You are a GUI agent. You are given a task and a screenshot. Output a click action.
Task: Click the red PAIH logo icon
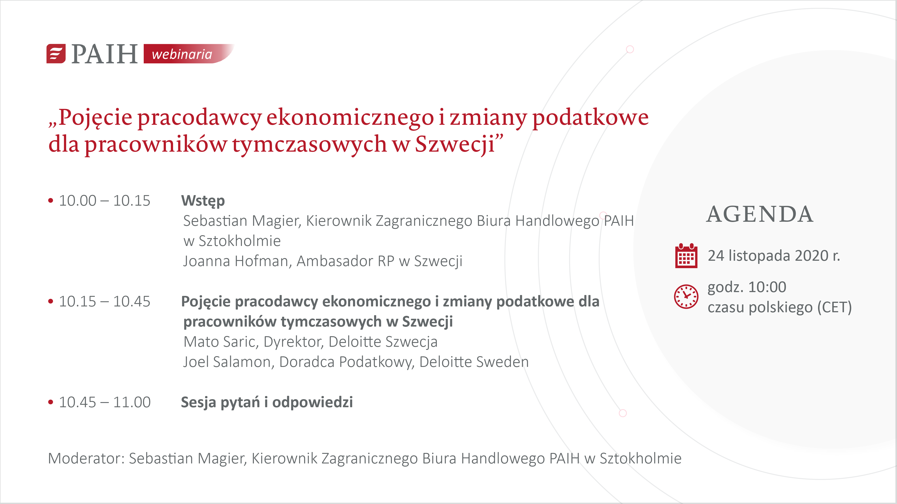click(x=56, y=54)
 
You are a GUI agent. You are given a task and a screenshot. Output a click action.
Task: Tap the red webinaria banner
click(x=188, y=54)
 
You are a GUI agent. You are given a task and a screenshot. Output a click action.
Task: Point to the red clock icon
click(x=686, y=296)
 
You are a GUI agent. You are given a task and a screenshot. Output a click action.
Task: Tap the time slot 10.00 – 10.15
click(x=104, y=201)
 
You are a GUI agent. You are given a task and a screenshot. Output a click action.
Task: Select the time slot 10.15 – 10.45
click(x=104, y=302)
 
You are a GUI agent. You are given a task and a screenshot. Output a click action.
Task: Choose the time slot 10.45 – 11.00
click(x=104, y=403)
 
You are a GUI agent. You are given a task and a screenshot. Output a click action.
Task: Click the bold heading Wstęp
click(x=203, y=201)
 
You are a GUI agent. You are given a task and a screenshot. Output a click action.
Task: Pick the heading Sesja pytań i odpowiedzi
click(x=267, y=403)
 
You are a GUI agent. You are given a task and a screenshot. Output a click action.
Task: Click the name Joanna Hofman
click(x=236, y=261)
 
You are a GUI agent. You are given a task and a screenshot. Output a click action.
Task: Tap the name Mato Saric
click(x=220, y=342)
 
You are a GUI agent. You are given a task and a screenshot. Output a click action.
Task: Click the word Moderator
click(x=85, y=459)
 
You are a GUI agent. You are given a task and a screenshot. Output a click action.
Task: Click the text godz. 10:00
click(x=747, y=288)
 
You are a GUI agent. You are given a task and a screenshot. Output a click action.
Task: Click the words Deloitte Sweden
click(x=474, y=362)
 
